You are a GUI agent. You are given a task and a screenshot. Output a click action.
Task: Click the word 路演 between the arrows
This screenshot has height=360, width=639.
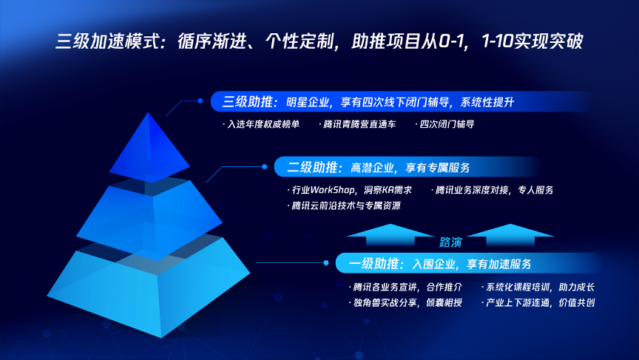tap(450, 242)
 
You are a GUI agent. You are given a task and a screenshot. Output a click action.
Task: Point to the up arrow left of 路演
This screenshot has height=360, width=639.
tap(390, 235)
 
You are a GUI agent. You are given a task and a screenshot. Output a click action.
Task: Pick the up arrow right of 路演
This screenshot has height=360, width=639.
tap(510, 235)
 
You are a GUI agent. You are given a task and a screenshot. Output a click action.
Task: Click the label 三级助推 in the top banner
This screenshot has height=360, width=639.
tap(247, 102)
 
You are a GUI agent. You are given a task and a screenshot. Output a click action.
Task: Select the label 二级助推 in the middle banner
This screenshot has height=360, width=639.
tap(312, 167)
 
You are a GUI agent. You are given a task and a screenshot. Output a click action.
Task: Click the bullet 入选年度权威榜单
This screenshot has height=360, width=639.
tap(261, 124)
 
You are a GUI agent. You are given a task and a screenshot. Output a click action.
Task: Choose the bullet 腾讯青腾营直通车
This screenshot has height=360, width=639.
tap(357, 124)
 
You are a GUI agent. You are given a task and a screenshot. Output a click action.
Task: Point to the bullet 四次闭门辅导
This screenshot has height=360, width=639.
tap(444, 124)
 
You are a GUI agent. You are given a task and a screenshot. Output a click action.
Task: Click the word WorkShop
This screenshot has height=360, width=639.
tap(332, 190)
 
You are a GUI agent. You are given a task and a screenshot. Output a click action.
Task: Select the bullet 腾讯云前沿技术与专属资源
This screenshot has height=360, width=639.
tap(344, 206)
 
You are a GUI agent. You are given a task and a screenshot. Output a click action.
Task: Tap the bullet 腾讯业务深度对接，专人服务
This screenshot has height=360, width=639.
tap(493, 190)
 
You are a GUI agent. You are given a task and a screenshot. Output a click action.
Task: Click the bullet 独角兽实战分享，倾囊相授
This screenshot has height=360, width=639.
tap(405, 302)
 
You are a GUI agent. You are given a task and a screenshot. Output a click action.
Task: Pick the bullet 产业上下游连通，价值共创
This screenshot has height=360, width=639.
tap(538, 302)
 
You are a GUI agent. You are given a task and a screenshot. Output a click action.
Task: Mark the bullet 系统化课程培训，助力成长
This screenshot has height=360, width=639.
tap(538, 287)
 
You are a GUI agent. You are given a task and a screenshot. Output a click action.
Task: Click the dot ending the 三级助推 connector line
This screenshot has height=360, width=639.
tap(200, 101)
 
